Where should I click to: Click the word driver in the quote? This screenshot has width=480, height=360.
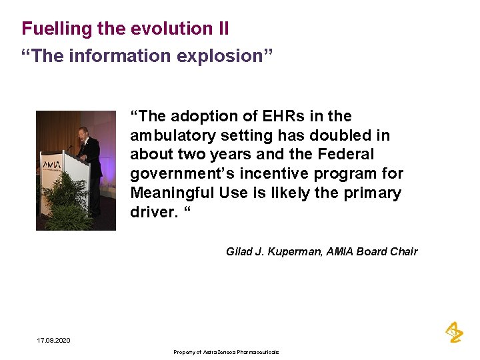(x=150, y=213)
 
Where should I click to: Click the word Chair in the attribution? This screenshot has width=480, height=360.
(x=403, y=251)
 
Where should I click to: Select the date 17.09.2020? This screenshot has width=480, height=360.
(x=53, y=341)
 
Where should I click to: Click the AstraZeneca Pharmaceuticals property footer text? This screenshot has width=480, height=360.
(x=226, y=352)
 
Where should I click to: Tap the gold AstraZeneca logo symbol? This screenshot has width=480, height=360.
(x=454, y=331)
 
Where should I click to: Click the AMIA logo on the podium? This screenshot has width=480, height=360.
(x=51, y=164)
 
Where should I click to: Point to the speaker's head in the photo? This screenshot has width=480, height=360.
(x=83, y=133)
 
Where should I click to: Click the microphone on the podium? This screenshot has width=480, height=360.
(x=69, y=147)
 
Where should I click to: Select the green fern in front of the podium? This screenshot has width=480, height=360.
(x=70, y=200)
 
